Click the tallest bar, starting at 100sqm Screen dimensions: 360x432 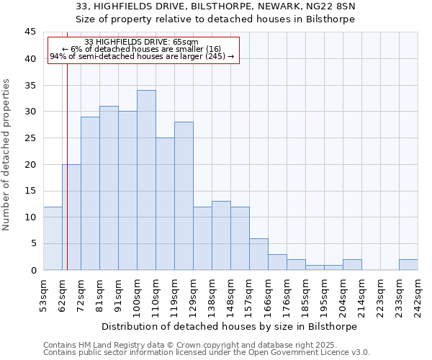(146, 180)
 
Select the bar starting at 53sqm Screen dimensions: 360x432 (53, 238)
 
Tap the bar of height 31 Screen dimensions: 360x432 (109, 188)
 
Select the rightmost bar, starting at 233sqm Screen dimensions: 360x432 (408, 264)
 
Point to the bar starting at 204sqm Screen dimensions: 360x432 (352, 264)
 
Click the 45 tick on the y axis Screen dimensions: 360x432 (30, 32)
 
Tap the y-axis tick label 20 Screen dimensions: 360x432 (30, 164)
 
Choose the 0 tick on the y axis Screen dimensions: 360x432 (33, 270)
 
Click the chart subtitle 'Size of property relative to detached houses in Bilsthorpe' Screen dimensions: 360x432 (215, 19)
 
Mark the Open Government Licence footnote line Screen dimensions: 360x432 (207, 352)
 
